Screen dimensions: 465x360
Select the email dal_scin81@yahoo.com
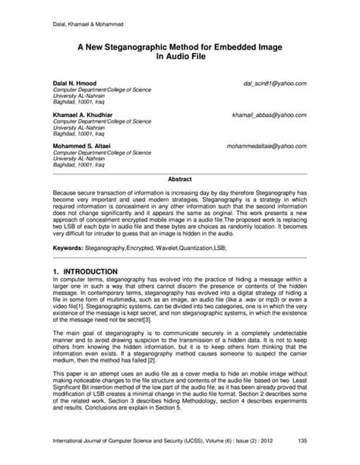(x=274, y=82)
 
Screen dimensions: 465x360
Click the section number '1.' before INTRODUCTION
(x=55, y=271)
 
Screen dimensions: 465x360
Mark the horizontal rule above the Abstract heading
(x=179, y=173)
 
